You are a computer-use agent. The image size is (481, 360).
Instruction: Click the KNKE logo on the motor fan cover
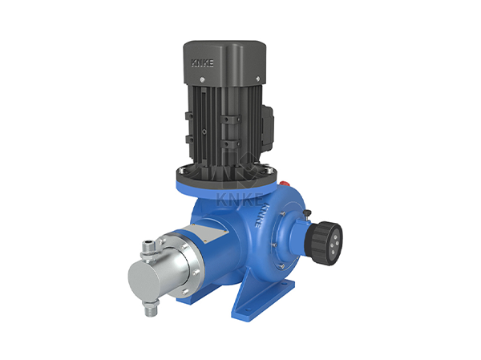pyautogui.click(x=203, y=63)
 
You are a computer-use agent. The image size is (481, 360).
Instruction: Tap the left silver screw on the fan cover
pyautogui.click(x=202, y=79)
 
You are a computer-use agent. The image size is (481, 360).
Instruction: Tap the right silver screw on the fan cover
pyautogui.click(x=257, y=79)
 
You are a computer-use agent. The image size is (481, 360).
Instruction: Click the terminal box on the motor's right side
pyautogui.click(x=268, y=126)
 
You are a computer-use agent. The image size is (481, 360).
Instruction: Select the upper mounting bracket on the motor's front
pyautogui.click(x=230, y=119)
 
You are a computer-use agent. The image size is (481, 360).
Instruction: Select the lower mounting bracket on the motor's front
pyautogui.click(x=230, y=144)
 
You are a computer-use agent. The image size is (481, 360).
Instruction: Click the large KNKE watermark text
pyautogui.click(x=240, y=200)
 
